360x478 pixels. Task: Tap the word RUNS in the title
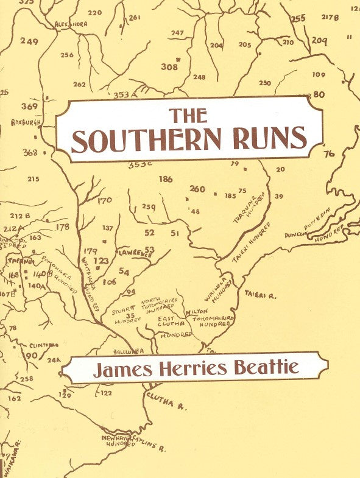[267, 139]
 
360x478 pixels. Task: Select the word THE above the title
[188, 115]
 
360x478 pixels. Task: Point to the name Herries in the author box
[194, 368]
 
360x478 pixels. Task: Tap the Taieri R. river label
[261, 295]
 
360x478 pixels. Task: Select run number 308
[169, 67]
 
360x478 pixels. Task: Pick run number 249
[29, 41]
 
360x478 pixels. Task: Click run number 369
[29, 106]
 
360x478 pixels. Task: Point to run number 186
[165, 179]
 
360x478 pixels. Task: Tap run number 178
[63, 227]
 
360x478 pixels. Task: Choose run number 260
[197, 189]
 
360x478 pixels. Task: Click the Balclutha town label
[128, 352]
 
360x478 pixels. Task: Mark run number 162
[14, 398]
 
